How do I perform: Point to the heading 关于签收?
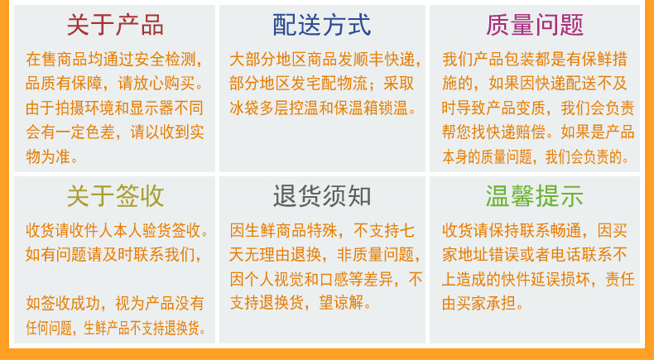click(x=115, y=196)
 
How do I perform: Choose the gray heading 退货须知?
click(x=322, y=196)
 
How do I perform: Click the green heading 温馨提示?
click(x=536, y=196)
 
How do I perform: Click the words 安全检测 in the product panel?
click(x=166, y=60)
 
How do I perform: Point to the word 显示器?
click(x=157, y=108)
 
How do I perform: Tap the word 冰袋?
click(x=247, y=108)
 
